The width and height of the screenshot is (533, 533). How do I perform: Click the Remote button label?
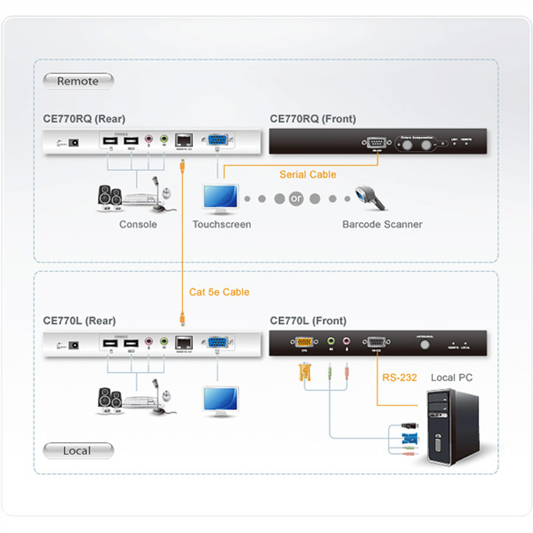78,81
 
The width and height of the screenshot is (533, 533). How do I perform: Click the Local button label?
78,451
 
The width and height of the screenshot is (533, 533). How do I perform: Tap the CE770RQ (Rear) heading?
84,119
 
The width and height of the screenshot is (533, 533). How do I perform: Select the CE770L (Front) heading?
308,321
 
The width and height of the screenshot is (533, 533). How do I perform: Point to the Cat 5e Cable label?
219,292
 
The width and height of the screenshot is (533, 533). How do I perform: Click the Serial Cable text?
308,175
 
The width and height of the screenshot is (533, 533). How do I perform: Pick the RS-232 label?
400,377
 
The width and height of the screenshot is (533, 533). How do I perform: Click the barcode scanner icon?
371,198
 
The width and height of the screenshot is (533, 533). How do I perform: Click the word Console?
138,224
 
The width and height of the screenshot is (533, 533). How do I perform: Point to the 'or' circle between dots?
296,199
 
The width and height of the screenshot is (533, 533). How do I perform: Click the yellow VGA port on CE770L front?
304,342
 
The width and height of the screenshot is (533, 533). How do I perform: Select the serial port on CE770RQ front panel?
376,142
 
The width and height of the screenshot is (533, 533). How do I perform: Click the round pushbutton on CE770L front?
423,344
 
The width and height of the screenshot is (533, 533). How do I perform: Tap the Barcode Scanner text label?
382,224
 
